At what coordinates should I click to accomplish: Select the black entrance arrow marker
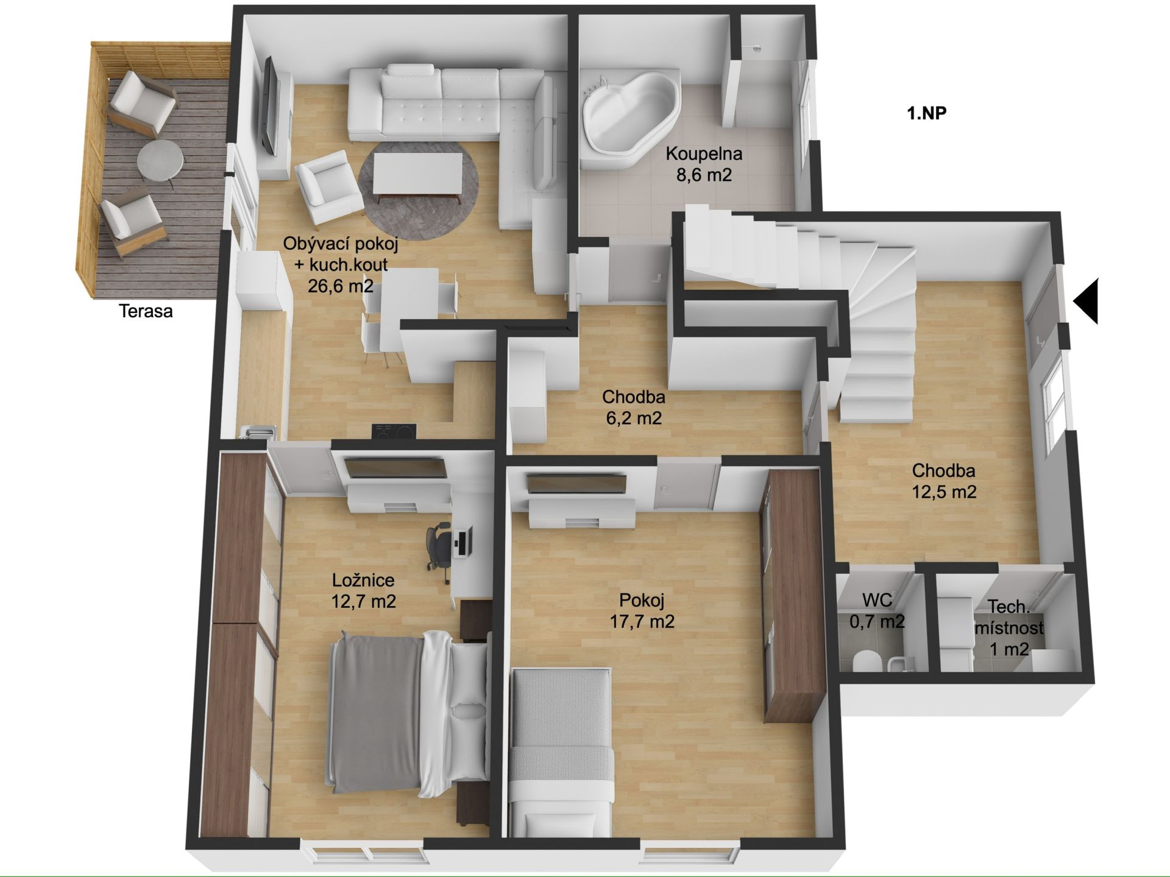pos(1085,301)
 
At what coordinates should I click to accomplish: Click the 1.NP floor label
pos(926,113)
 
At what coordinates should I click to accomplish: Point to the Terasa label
pos(146,311)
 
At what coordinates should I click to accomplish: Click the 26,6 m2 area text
pos(340,285)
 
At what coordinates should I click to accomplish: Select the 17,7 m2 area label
pos(642,621)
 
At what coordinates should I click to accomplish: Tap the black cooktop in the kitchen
pos(394,431)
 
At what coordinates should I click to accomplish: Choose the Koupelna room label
pos(703,153)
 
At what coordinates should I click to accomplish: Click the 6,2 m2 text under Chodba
pos(633,418)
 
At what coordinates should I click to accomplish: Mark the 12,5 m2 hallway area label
pos(944,491)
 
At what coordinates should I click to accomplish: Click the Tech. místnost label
pos(1009,627)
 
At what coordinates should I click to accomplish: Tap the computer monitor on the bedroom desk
pos(462,543)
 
